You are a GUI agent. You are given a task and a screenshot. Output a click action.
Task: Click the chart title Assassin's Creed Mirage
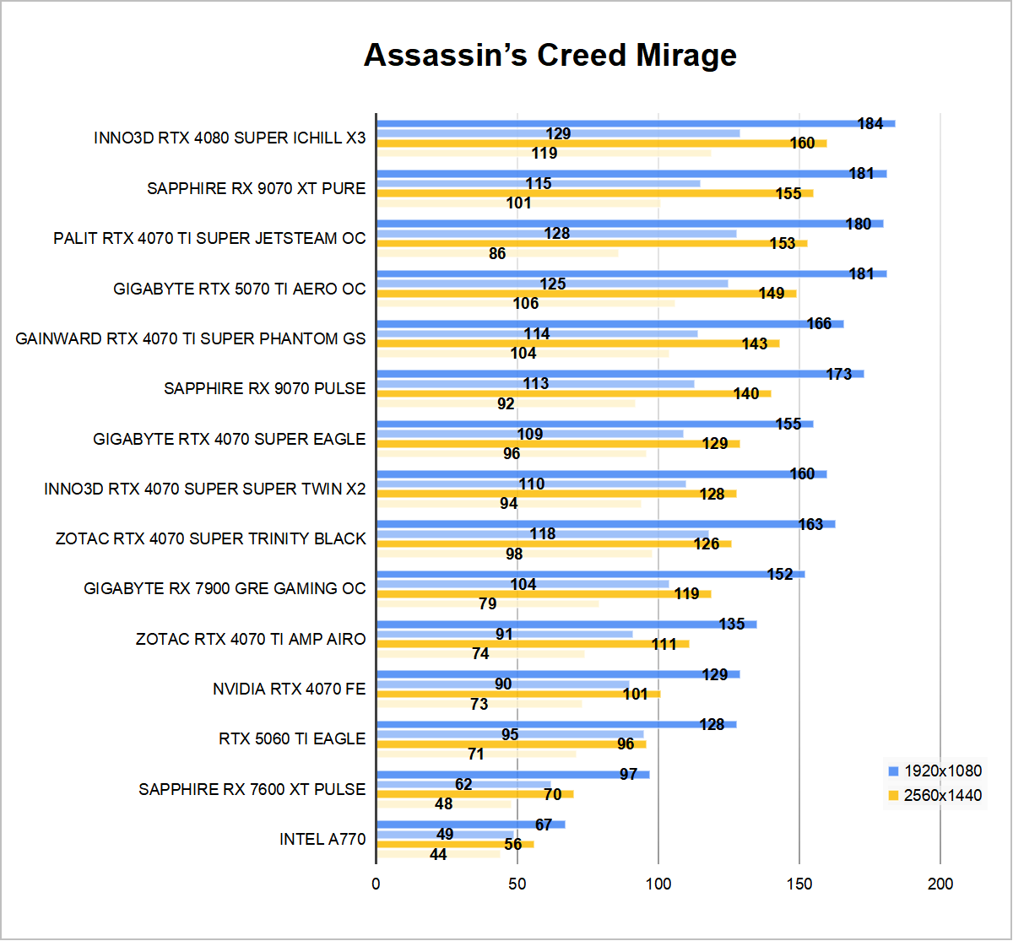click(550, 56)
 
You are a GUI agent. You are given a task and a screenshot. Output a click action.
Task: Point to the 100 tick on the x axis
click(658, 884)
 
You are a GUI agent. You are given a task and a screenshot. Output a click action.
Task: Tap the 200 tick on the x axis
click(940, 884)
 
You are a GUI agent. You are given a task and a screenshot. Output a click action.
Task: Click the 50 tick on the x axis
click(517, 884)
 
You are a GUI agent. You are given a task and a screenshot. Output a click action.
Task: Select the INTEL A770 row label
click(322, 839)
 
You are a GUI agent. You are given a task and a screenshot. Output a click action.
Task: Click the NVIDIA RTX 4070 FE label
click(289, 690)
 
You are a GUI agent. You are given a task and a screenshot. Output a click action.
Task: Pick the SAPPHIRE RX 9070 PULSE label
click(264, 388)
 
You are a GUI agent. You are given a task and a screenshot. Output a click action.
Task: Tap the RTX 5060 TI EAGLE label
click(292, 738)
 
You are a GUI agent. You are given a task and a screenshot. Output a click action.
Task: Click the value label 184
click(869, 124)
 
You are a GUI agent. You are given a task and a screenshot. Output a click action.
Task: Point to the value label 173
click(838, 374)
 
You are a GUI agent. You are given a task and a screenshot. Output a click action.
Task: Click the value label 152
click(780, 575)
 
